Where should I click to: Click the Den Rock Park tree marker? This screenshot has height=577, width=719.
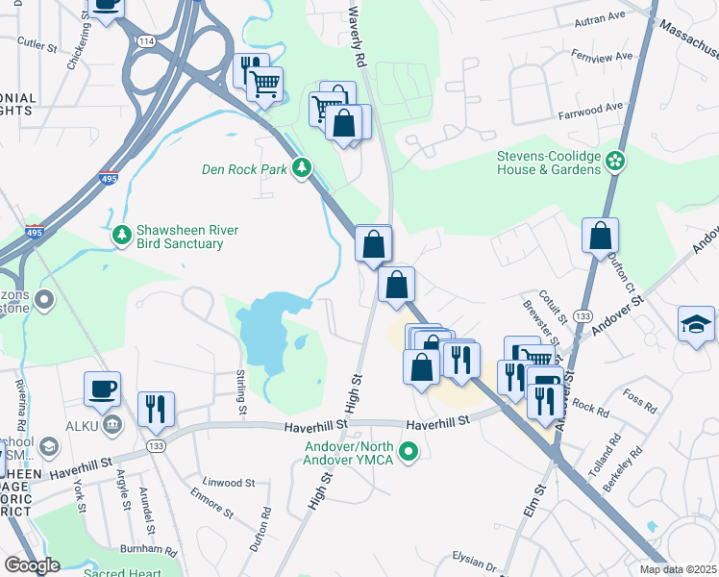[x=303, y=168]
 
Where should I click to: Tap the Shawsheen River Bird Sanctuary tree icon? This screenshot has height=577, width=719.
[x=121, y=235]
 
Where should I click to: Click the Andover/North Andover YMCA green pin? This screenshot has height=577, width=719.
[x=409, y=449]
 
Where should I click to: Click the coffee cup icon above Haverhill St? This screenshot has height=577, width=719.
[x=103, y=389]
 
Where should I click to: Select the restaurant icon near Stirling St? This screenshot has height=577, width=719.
[x=155, y=408]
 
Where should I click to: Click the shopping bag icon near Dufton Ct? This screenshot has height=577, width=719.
[x=600, y=235]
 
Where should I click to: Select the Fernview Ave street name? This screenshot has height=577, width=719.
[x=603, y=57]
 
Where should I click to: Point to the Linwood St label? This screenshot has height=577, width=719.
[x=229, y=483]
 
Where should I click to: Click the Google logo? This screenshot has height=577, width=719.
[x=33, y=564]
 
